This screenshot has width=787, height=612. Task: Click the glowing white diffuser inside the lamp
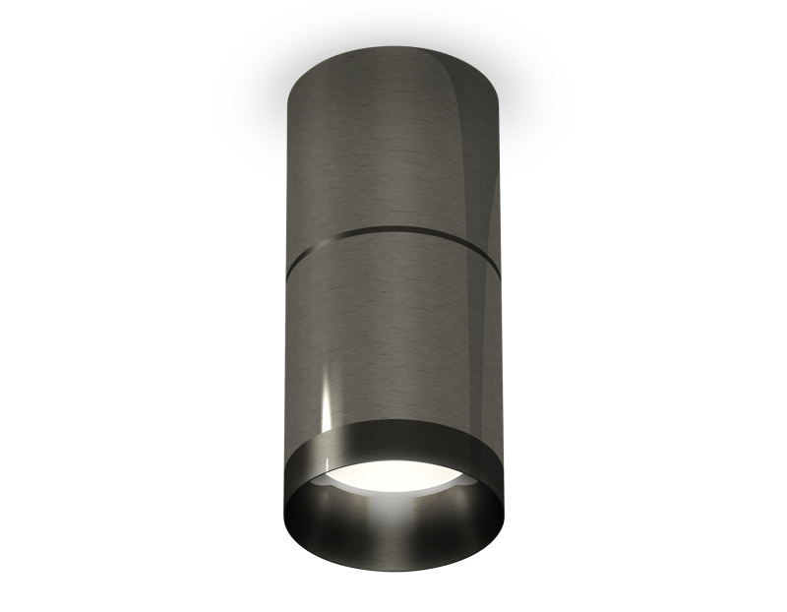point(393,476)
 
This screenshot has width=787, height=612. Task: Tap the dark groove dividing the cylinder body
point(393,233)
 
